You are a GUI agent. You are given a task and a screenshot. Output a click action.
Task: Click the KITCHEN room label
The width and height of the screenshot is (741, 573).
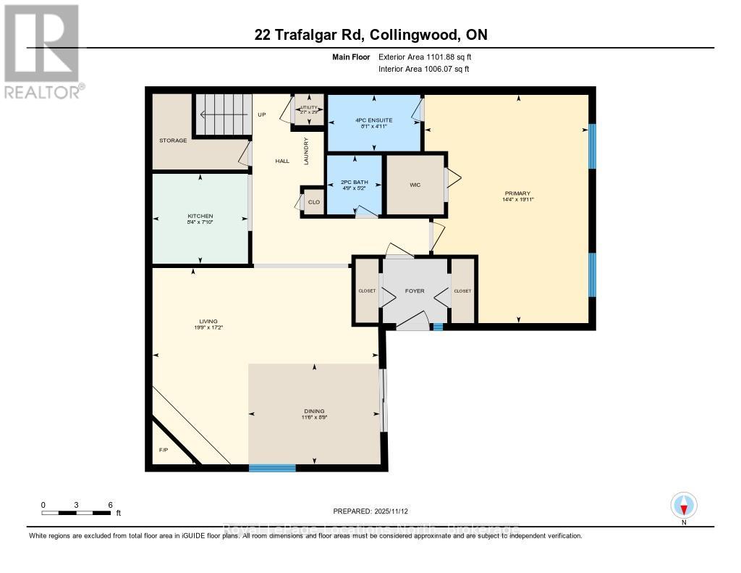(200, 217)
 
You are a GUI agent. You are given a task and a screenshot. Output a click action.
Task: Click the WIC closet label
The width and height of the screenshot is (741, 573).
(415, 185)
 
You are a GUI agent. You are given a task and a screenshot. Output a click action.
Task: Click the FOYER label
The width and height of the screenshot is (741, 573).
(415, 291)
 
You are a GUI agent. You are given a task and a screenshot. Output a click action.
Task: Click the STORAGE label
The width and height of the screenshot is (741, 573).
(173, 141)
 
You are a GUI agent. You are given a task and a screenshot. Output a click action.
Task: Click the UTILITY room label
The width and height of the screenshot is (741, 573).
(309, 107)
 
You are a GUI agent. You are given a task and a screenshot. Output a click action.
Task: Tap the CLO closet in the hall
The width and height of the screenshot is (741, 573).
(313, 202)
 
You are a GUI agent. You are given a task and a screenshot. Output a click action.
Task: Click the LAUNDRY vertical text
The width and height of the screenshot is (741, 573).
(306, 151)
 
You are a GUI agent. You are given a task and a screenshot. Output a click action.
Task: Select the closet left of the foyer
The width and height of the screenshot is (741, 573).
(367, 291)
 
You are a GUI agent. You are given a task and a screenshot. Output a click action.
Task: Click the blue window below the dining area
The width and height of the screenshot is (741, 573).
(272, 468)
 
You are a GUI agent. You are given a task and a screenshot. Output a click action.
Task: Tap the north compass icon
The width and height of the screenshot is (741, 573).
(683, 505)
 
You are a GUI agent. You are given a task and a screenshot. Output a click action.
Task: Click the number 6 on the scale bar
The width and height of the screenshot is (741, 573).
(109, 505)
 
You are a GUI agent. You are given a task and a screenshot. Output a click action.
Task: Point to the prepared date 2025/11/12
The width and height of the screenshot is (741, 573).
(375, 511)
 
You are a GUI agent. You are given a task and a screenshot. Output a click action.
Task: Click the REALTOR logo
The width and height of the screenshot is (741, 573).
(41, 50)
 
